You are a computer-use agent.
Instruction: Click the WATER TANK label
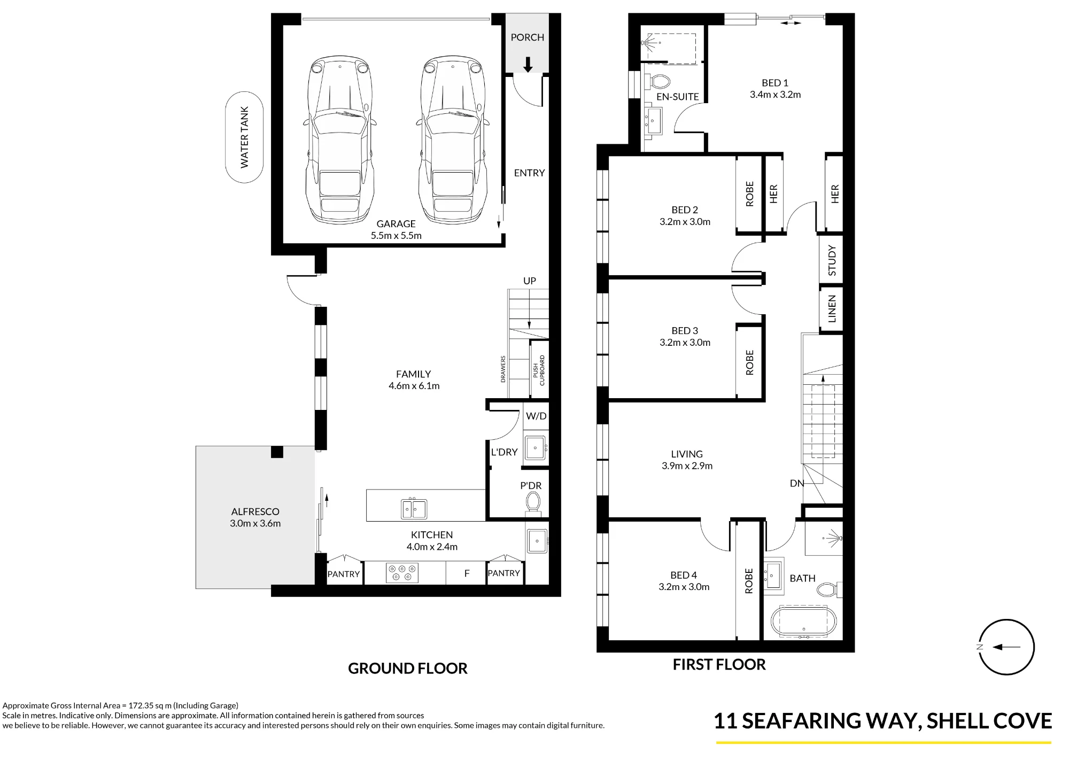[244, 137]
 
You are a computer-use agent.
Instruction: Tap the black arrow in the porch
[528, 65]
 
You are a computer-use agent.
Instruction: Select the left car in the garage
[340, 140]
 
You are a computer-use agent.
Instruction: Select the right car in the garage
[453, 140]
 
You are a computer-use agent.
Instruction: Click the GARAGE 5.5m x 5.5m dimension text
[396, 230]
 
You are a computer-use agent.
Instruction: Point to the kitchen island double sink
[414, 509]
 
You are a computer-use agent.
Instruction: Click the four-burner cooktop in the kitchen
[402, 573]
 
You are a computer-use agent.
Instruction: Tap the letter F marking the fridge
[467, 573]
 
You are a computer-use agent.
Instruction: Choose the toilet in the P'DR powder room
[533, 502]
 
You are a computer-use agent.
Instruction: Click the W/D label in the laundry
[536, 416]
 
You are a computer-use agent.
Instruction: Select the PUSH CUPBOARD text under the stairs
[539, 370]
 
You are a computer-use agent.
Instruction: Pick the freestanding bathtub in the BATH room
[803, 622]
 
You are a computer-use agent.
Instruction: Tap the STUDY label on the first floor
[832, 260]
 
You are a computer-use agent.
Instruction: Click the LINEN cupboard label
[832, 309]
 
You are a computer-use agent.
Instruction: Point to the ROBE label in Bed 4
[749, 581]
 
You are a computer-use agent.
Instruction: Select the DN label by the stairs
[797, 483]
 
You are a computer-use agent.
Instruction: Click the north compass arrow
[1006, 647]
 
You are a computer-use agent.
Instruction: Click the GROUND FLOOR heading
[408, 668]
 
